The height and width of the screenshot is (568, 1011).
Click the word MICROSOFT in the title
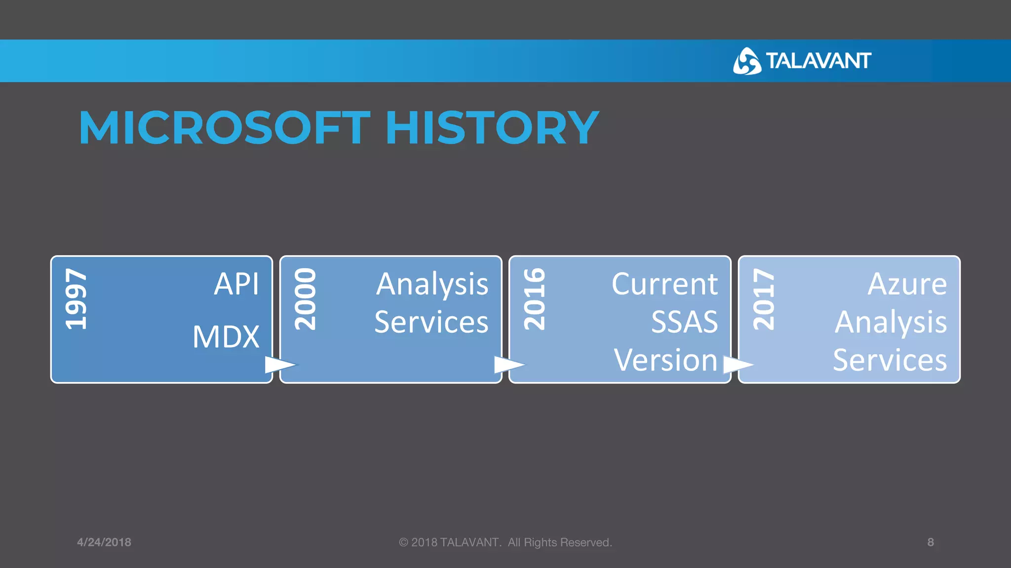coord(225,128)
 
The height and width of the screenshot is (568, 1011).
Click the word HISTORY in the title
coord(492,128)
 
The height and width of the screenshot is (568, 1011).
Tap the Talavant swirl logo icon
coord(746,61)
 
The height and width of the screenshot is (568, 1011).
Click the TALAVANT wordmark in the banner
coord(818,61)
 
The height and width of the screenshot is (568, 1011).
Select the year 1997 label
coord(77,299)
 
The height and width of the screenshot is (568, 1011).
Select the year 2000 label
coord(305,299)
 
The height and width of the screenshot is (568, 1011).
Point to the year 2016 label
coord(535,299)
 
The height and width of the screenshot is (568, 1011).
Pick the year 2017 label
coord(764,299)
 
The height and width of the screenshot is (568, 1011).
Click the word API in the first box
coord(236,284)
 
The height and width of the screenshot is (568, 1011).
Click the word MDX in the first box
coord(226,337)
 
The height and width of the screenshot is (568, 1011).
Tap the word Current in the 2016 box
coord(664,284)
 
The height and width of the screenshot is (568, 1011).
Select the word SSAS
coord(684,322)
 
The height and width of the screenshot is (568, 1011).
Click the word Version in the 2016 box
coord(665,360)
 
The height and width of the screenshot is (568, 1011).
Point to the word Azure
coord(907,284)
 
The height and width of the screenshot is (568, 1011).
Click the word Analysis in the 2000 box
coord(432,285)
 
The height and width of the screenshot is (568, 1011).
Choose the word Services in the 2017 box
coord(890,360)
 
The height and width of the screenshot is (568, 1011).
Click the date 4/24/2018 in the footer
coord(104,542)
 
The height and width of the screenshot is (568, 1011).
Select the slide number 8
coord(931,542)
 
